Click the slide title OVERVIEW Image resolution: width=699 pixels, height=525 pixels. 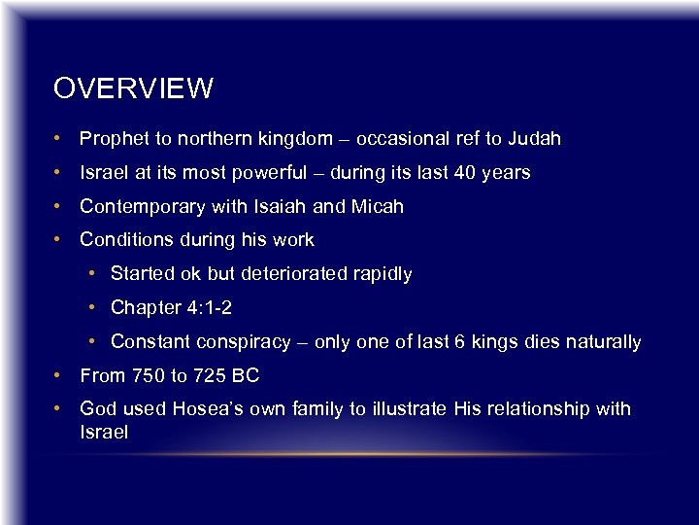click(133, 89)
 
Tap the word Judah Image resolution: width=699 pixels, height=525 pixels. click(533, 139)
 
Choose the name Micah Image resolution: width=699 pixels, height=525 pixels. click(378, 206)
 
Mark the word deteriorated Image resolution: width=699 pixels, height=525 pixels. click(295, 274)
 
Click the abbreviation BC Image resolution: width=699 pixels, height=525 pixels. click(247, 375)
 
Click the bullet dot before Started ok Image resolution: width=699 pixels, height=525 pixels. click(90, 275)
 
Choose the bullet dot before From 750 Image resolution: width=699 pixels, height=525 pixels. click(59, 376)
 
